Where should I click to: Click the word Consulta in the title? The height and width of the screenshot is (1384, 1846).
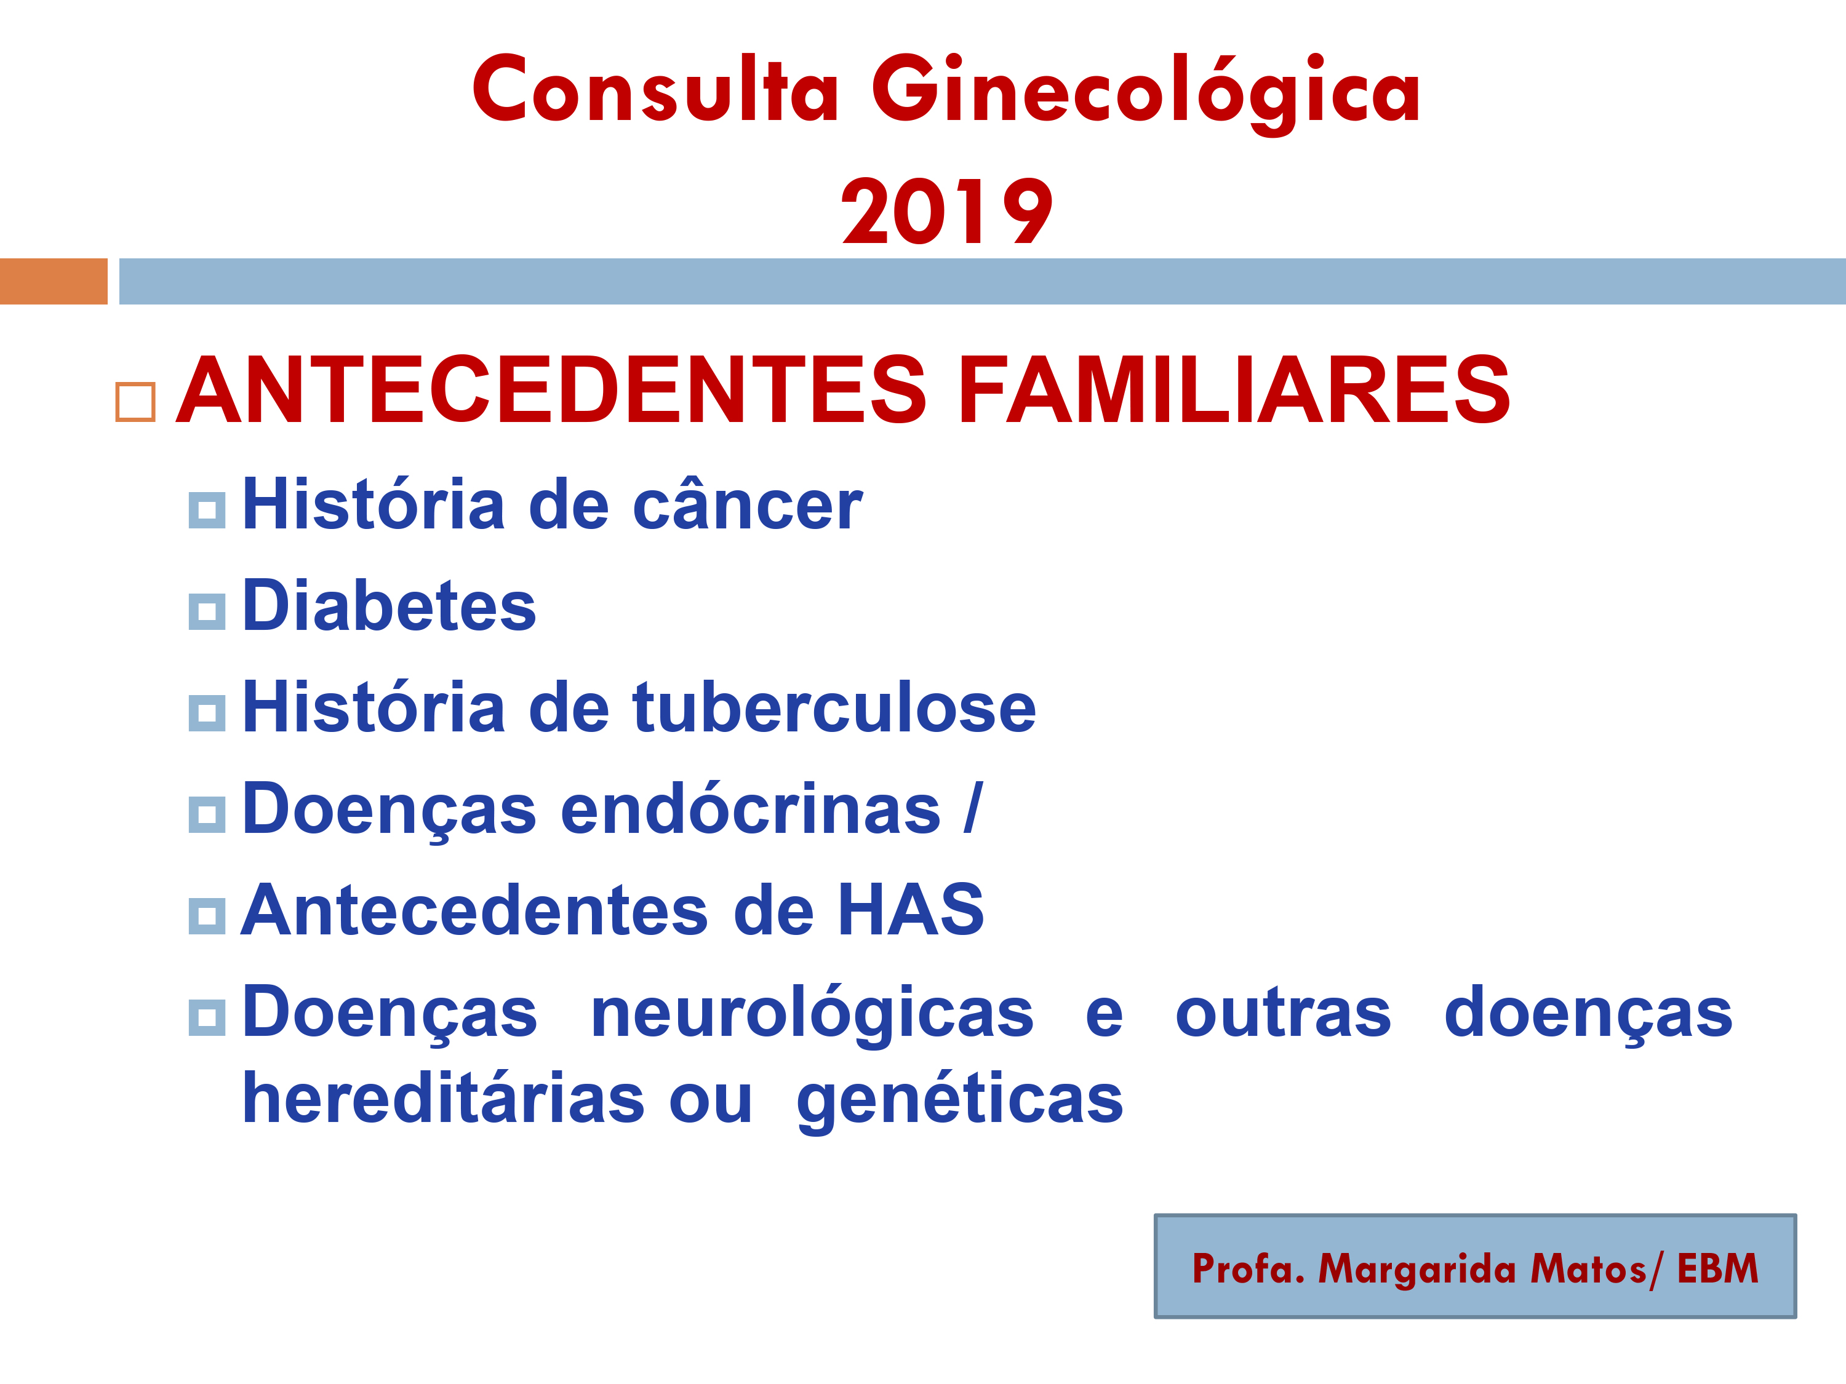pos(655,89)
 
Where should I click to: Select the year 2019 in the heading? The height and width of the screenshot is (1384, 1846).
pos(947,211)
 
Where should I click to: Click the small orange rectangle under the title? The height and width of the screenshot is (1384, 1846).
pos(54,281)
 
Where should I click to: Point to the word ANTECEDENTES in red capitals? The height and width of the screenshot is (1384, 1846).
pos(551,389)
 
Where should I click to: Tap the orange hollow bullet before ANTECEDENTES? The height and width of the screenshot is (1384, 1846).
pos(135,402)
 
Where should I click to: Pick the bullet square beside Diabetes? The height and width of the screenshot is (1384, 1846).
pos(207,612)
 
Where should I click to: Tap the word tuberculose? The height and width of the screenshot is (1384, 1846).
pos(834,707)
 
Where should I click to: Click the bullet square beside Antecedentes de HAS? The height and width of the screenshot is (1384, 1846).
pos(207,916)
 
